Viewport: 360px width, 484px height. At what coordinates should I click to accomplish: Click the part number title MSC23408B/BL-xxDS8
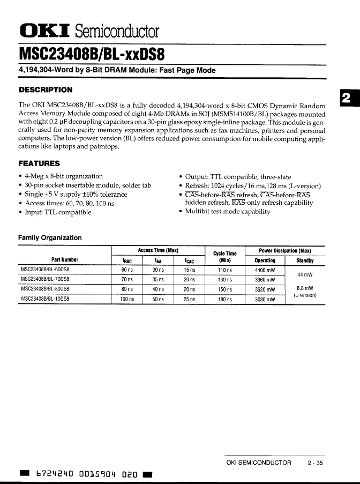92,55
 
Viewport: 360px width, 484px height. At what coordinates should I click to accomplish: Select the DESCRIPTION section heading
46,90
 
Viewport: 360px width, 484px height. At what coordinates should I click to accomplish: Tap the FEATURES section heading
39,163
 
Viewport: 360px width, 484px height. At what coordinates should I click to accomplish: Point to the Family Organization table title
50,237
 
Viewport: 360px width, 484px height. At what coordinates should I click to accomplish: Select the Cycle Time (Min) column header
225,257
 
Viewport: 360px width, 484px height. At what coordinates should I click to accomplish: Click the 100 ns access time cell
126,299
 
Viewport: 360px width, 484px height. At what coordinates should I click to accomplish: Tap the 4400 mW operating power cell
265,270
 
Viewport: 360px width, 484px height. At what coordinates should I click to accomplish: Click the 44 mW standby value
305,274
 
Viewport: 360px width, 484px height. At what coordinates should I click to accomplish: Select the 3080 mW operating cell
265,299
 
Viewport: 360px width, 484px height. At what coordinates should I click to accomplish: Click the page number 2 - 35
316,463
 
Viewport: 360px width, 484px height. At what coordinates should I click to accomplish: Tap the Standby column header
305,261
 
